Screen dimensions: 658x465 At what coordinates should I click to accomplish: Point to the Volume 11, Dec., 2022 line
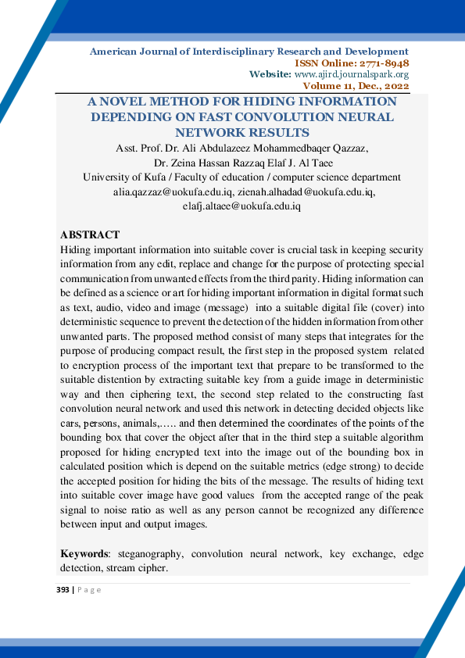pos(356,85)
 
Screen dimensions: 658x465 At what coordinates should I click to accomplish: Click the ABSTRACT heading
pos(90,235)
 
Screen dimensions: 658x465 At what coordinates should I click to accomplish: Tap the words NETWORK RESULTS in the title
pos(242,132)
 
